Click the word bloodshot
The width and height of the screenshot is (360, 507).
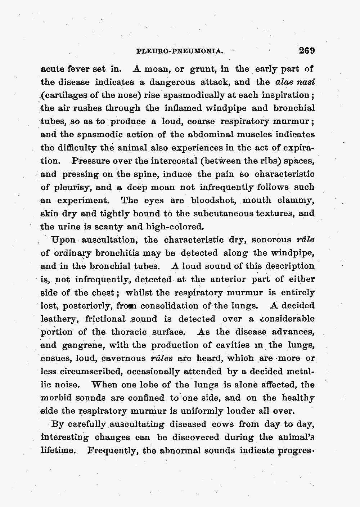[x=213, y=200]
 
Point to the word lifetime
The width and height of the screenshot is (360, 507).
[x=58, y=451]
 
